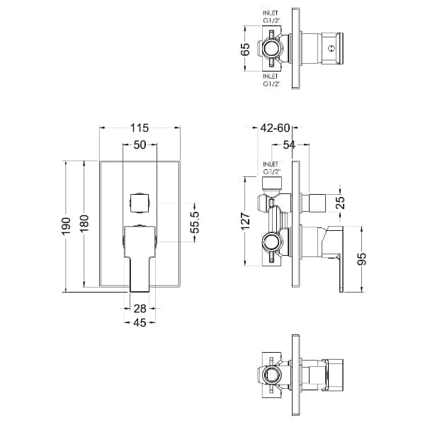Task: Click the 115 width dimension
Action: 140,127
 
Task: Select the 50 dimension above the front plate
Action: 140,145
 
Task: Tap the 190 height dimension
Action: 66,227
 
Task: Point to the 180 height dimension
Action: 84,223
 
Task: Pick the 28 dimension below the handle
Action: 140,308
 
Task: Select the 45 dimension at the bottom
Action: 140,322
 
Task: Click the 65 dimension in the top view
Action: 245,49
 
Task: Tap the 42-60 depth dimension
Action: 275,127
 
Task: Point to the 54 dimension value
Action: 289,145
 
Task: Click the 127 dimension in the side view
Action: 246,222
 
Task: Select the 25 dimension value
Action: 341,202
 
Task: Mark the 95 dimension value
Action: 362,259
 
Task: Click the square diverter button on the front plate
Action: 140,203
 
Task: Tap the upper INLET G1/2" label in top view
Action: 271,16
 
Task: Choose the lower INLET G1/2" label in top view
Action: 271,80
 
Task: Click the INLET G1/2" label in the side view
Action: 271,168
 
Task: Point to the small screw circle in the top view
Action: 331,49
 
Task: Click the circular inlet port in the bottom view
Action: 271,375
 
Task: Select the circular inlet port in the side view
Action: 271,242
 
